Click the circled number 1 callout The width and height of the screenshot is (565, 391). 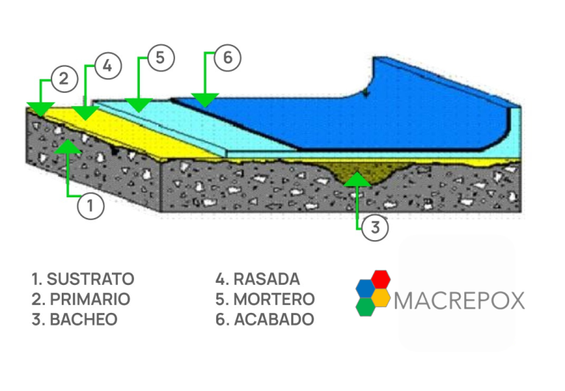pyautogui.click(x=90, y=205)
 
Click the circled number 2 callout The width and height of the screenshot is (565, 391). pyautogui.click(x=64, y=79)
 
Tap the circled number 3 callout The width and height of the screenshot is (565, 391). pyautogui.click(x=374, y=228)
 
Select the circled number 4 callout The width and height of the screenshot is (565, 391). pyautogui.click(x=107, y=66)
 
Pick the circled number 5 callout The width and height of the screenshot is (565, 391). pyautogui.click(x=160, y=58)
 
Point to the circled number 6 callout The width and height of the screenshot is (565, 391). pyautogui.click(x=227, y=58)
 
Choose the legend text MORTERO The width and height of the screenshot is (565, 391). pyautogui.click(x=266, y=300)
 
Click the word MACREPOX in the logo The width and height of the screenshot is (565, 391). pyautogui.click(x=460, y=300)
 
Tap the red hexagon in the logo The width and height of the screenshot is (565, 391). pyautogui.click(x=380, y=280)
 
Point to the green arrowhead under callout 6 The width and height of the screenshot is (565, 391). pyautogui.click(x=205, y=99)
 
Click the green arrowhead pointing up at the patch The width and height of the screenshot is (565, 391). pyautogui.click(x=358, y=178)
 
